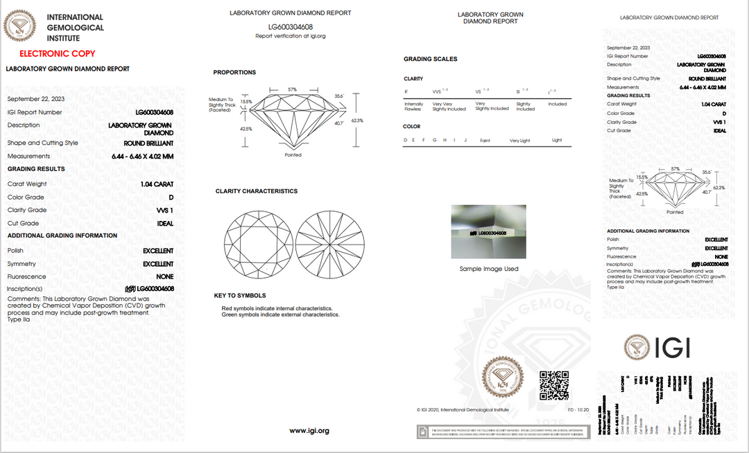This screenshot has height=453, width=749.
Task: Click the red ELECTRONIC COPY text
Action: click(58, 53)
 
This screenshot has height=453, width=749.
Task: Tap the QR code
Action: click(553, 385)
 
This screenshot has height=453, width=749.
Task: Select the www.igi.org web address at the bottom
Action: click(309, 431)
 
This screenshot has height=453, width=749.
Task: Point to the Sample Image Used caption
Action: click(488, 269)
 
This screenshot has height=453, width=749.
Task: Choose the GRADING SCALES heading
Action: click(430, 59)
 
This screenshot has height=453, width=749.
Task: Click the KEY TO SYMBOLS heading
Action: click(240, 295)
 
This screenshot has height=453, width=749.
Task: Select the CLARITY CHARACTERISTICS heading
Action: click(256, 191)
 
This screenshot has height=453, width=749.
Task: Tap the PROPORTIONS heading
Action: click(234, 72)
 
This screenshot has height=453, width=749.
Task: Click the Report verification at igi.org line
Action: click(291, 36)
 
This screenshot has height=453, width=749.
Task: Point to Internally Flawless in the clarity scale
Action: click(413, 106)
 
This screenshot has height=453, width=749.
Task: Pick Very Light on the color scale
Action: click(519, 141)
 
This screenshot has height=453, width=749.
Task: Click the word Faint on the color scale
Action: click(485, 141)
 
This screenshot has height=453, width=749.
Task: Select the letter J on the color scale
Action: click(465, 141)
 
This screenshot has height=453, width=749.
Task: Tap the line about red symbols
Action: click(277, 308)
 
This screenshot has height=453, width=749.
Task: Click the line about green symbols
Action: click(280, 314)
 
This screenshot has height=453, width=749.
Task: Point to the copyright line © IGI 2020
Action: click(463, 410)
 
